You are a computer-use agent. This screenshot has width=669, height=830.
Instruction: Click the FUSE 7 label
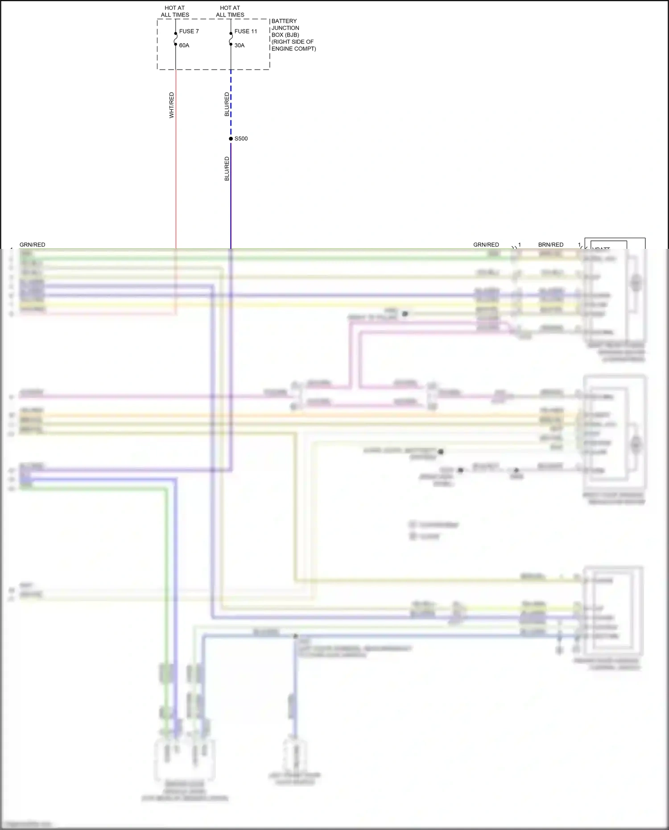[x=189, y=31]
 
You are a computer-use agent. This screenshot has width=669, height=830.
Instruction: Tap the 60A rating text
[x=184, y=45]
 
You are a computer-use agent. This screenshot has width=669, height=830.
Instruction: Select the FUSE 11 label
[x=246, y=31]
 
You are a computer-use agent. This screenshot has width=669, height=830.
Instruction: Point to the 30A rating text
[x=240, y=45]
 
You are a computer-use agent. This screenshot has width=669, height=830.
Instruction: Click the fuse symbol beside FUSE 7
[x=176, y=39]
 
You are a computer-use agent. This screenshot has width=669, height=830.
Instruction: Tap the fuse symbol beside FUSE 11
[x=231, y=39]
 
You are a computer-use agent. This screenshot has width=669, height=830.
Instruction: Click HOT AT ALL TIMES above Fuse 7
[x=175, y=11]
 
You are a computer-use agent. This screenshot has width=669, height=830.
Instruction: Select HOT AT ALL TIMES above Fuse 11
[x=230, y=11]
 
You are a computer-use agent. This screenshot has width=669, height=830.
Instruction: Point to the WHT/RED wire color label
[x=172, y=105]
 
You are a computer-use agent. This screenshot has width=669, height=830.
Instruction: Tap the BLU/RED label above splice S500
[x=227, y=104]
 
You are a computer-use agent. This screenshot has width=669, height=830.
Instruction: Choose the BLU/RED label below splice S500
[x=227, y=169]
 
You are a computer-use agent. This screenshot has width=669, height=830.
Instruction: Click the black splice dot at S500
[x=231, y=139]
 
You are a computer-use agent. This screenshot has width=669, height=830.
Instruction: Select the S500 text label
[x=241, y=139]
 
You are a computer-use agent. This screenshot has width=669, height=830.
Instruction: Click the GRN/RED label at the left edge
[x=33, y=245]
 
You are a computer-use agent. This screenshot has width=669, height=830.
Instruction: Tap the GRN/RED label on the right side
[x=486, y=245]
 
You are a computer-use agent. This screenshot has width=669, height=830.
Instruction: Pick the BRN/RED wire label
[x=551, y=245]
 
